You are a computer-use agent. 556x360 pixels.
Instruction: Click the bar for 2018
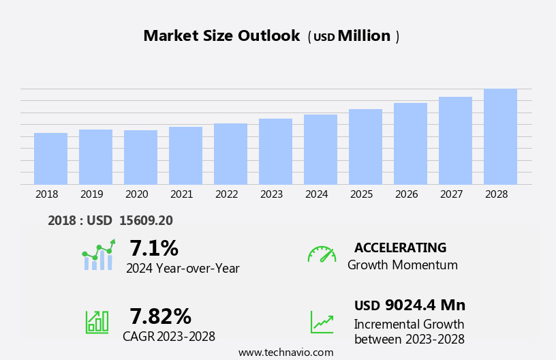(x=50, y=158)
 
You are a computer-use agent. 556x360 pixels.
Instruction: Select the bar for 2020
(x=140, y=157)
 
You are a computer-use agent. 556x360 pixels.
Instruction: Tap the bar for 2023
(x=275, y=151)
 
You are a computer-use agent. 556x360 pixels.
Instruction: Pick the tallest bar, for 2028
(x=500, y=136)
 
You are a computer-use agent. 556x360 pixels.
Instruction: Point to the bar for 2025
(x=365, y=147)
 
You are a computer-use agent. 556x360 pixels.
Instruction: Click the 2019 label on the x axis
(x=91, y=194)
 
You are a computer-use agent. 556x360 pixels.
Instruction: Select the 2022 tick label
(x=226, y=194)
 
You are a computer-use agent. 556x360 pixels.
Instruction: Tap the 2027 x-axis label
(x=451, y=194)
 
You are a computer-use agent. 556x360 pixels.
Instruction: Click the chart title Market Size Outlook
(x=221, y=36)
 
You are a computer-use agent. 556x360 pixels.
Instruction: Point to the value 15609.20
(x=146, y=220)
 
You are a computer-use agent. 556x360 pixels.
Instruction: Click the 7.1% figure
(x=154, y=248)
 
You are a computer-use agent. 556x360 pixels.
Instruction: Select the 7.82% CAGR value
(x=160, y=316)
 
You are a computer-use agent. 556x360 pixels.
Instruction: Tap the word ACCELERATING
(x=400, y=247)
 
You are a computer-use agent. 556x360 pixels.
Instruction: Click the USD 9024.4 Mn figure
(x=410, y=305)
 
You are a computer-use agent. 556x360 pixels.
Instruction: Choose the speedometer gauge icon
(x=322, y=254)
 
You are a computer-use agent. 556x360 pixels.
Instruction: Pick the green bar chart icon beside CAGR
(x=97, y=321)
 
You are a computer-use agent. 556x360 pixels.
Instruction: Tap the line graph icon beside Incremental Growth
(x=322, y=322)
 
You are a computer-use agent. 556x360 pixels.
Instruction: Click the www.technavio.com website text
(x=285, y=352)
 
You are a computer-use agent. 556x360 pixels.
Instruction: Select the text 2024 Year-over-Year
(x=183, y=269)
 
